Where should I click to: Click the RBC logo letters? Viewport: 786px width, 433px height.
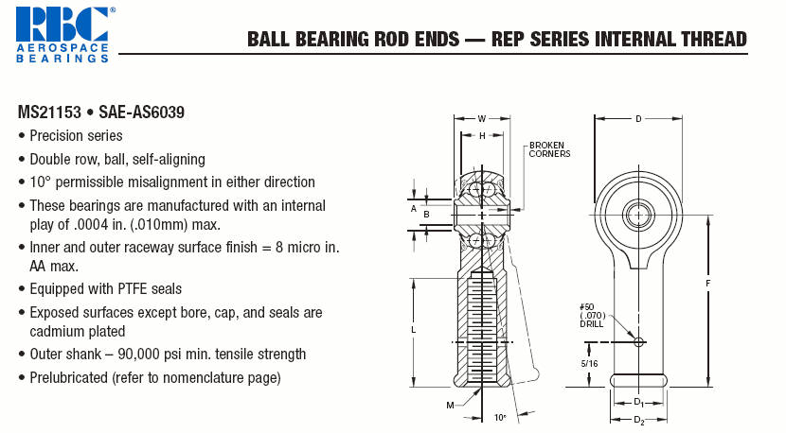click(x=63, y=24)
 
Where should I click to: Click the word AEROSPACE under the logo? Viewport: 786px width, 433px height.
click(x=63, y=48)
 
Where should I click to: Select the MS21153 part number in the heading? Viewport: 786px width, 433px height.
click(x=49, y=113)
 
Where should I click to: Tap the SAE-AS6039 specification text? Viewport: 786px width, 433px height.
click(x=141, y=113)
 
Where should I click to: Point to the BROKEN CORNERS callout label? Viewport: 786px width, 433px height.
click(x=549, y=149)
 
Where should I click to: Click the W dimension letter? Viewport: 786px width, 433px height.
click(x=482, y=119)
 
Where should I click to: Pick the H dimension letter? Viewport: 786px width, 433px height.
click(x=482, y=135)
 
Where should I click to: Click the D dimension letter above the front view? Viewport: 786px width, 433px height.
click(x=638, y=119)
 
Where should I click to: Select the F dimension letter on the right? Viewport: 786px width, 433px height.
click(x=708, y=284)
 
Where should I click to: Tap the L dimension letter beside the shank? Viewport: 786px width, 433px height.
click(x=414, y=330)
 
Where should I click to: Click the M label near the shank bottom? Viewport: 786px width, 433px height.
click(x=450, y=406)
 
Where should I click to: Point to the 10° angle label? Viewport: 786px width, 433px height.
click(x=500, y=418)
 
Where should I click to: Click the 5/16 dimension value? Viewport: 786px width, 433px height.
click(x=589, y=364)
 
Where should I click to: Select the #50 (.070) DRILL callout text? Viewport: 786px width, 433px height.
click(x=593, y=316)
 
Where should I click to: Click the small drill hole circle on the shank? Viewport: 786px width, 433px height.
click(x=638, y=342)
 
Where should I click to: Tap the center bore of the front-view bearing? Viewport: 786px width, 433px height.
click(x=638, y=216)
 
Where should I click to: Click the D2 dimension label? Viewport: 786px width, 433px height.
click(x=638, y=421)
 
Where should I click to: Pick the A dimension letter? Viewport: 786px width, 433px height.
click(x=414, y=209)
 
